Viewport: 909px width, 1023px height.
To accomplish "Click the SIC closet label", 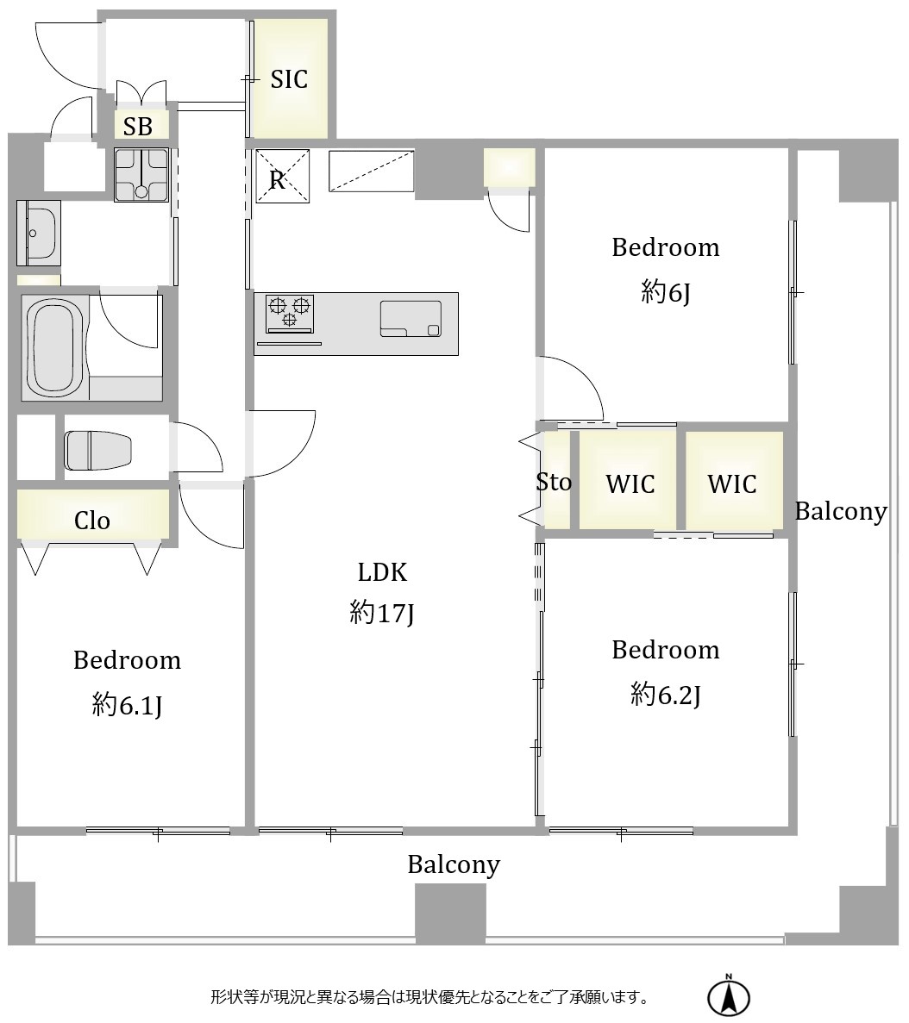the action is pyautogui.click(x=289, y=79).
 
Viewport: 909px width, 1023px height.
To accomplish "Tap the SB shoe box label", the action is pyautogui.click(x=138, y=126).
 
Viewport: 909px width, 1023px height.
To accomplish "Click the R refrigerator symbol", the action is pyautogui.click(x=281, y=176).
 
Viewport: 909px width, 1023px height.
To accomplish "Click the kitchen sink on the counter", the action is pyautogui.click(x=411, y=318).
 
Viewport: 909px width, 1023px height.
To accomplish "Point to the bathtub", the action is pyautogui.click(x=55, y=346).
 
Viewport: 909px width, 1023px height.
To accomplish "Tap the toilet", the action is pyautogui.click(x=98, y=450).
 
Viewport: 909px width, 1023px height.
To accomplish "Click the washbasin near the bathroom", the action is pyautogui.click(x=39, y=233).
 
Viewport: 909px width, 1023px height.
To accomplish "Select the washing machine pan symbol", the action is pyautogui.click(x=141, y=175).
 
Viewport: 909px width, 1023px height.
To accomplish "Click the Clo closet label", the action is pyautogui.click(x=92, y=521).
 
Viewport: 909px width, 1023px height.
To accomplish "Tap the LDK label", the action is pyautogui.click(x=382, y=572).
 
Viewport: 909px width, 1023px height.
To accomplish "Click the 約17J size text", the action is pyautogui.click(x=382, y=614).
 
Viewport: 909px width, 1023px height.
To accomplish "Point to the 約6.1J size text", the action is pyautogui.click(x=128, y=705).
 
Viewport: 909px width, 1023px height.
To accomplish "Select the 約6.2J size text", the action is pyautogui.click(x=666, y=694).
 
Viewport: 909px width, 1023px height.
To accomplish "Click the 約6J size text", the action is pyautogui.click(x=666, y=291).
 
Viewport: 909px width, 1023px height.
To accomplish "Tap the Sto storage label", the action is pyautogui.click(x=554, y=482).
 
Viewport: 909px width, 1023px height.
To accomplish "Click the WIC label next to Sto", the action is pyautogui.click(x=630, y=484).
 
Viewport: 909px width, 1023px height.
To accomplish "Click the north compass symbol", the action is pyautogui.click(x=729, y=996).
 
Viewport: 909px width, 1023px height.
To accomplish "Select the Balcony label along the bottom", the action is pyautogui.click(x=454, y=864).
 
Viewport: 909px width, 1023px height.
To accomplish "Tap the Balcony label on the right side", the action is pyautogui.click(x=841, y=512).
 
